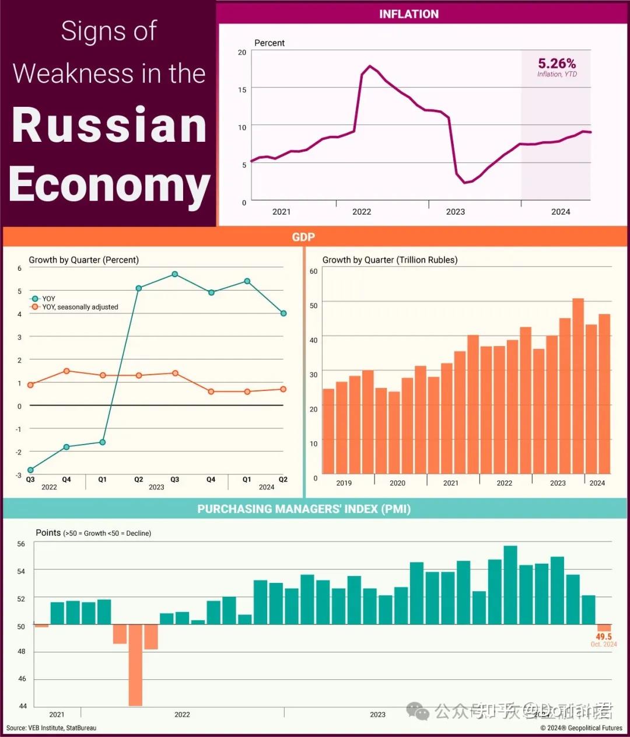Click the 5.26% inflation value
pyautogui.click(x=556, y=63)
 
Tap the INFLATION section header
pyautogui.click(x=408, y=14)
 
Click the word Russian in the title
pyautogui.click(x=110, y=125)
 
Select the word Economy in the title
pyautogui.click(x=109, y=184)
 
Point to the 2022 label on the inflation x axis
pyautogui.click(x=362, y=212)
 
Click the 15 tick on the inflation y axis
pyautogui.click(x=242, y=90)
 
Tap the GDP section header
pyautogui.click(x=303, y=237)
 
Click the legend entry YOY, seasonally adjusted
pyautogui.click(x=80, y=307)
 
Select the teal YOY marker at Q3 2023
pyautogui.click(x=175, y=274)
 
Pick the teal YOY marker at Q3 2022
pyautogui.click(x=30, y=470)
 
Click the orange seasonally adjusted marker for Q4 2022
pyautogui.click(x=66, y=371)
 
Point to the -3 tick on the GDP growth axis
pyautogui.click(x=19, y=475)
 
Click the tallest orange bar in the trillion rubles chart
pyautogui.click(x=578, y=385)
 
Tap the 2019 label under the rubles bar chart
pyautogui.click(x=344, y=483)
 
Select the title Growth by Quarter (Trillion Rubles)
pyautogui.click(x=390, y=260)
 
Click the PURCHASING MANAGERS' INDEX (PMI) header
pyautogui.click(x=304, y=509)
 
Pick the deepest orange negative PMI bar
pyautogui.click(x=136, y=665)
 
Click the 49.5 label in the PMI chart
pyautogui.click(x=604, y=637)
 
